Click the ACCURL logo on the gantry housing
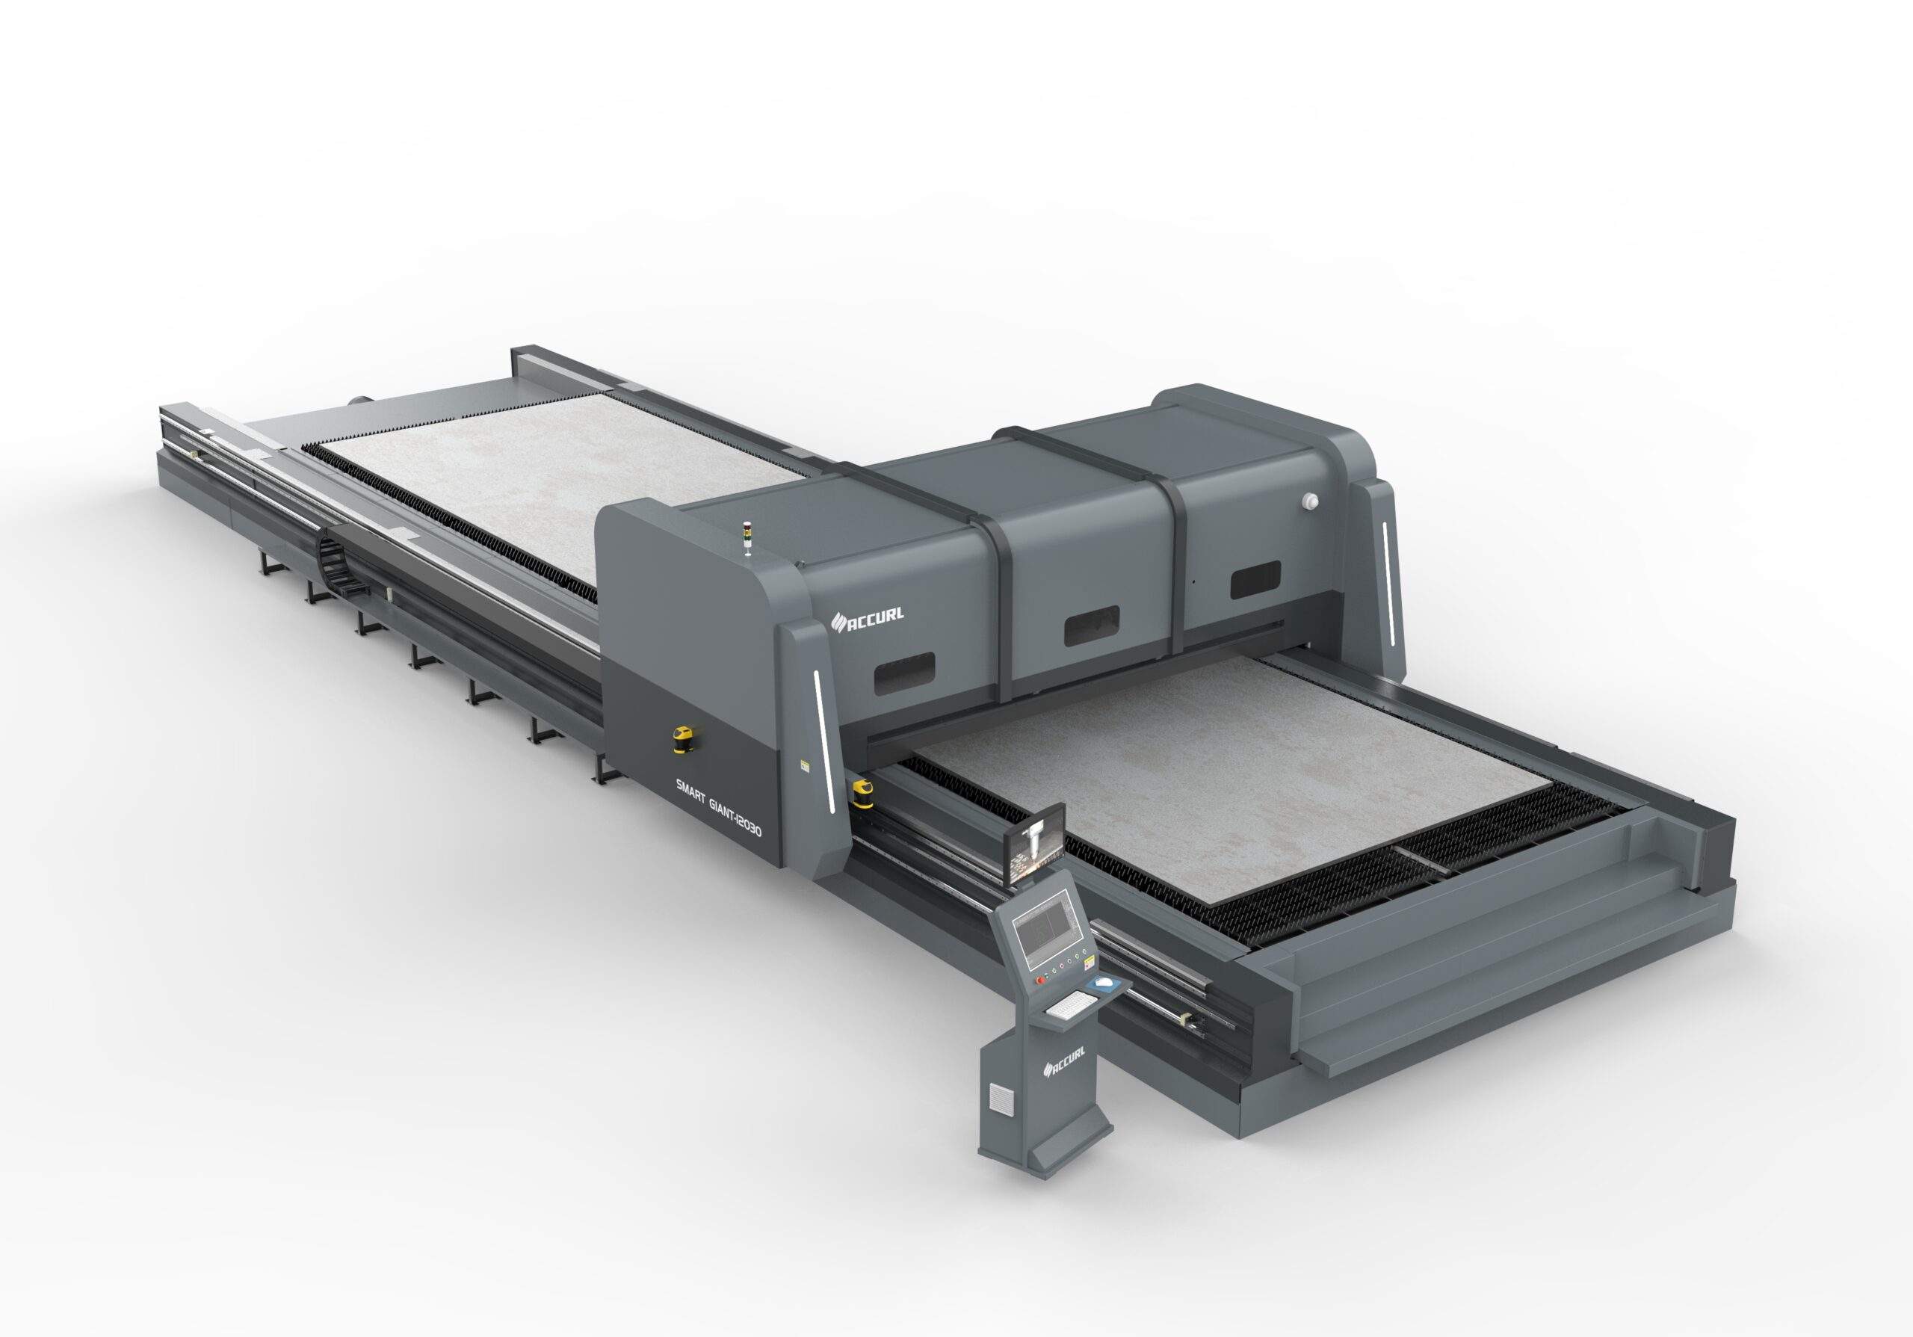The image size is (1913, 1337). (869, 617)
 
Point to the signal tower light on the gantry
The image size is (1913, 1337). (747, 539)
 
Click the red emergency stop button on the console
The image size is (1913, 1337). (1039, 980)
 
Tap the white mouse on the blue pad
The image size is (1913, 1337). (1103, 984)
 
